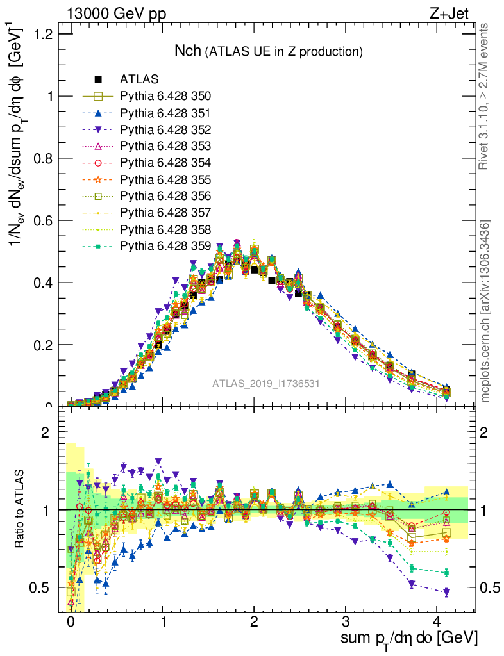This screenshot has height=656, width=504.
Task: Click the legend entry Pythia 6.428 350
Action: (165, 96)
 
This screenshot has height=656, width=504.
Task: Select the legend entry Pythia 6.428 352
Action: (165, 129)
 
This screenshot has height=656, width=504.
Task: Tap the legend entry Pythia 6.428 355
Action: (165, 179)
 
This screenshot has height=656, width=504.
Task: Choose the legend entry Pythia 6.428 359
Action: (165, 245)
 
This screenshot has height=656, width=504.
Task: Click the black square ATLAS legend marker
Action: (98, 79)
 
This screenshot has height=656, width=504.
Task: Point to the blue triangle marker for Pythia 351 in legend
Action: (98, 113)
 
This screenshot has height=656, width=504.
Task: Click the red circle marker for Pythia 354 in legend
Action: (98, 163)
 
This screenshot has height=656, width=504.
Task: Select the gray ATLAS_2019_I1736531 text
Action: (266, 383)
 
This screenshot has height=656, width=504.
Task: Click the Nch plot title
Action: (269, 51)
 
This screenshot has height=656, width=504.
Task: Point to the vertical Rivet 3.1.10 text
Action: (485, 96)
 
